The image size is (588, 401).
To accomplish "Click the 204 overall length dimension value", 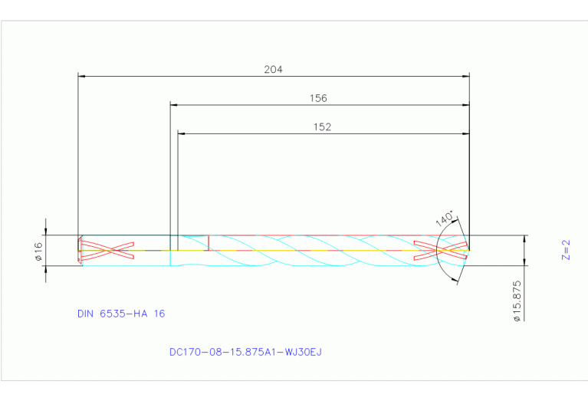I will click(274, 69).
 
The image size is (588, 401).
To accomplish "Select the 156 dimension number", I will click(318, 98).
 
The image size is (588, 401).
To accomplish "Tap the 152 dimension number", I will click(323, 127).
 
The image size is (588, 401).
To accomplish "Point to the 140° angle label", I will click(445, 219).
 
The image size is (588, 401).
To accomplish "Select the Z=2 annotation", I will click(566, 249).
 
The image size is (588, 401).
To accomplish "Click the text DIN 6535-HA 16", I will click(121, 314).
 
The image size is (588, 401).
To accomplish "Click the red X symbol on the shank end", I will click(107, 250).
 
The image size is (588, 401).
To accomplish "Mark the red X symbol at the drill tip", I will click(440, 250).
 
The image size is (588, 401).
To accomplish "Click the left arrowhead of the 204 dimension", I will click(83, 76).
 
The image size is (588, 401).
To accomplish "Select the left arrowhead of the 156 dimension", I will click(174, 104).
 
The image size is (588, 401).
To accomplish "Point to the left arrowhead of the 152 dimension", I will click(182, 133).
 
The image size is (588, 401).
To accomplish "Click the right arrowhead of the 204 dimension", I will click(465, 76).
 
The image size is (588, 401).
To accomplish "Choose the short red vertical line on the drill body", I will click(209, 242).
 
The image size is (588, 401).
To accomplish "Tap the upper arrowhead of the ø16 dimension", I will click(47, 232).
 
